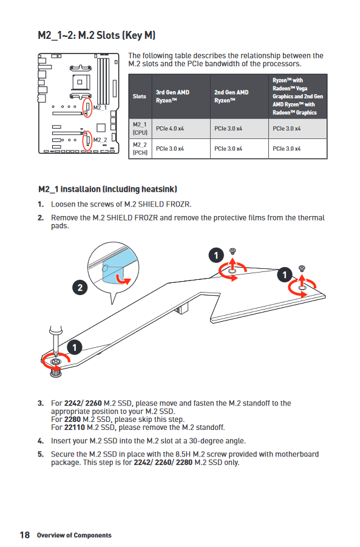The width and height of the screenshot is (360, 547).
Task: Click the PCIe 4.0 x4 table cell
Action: (170, 129)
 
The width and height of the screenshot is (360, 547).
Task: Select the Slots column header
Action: (139, 97)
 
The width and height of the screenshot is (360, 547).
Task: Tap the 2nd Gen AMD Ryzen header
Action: (231, 97)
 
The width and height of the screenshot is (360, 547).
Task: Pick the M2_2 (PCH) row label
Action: (140, 149)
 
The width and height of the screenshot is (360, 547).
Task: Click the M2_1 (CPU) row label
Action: (140, 129)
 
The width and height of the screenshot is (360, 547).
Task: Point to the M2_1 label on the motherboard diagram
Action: (100, 108)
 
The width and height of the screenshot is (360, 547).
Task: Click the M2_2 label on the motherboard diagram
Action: (100, 140)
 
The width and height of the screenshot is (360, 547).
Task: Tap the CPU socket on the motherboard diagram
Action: (80, 83)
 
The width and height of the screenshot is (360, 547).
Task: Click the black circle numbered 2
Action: (80, 288)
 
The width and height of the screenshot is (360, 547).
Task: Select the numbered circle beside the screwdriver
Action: (74, 347)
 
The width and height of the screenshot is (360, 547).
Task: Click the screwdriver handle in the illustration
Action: (55, 330)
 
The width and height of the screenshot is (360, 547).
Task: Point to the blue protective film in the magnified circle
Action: (114, 268)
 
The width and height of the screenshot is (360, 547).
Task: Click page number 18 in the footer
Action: (25, 535)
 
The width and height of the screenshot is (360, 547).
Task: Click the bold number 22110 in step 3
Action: (74, 427)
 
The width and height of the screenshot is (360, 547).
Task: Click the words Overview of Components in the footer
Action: (74, 535)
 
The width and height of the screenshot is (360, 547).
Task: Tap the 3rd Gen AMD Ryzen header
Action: (172, 97)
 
